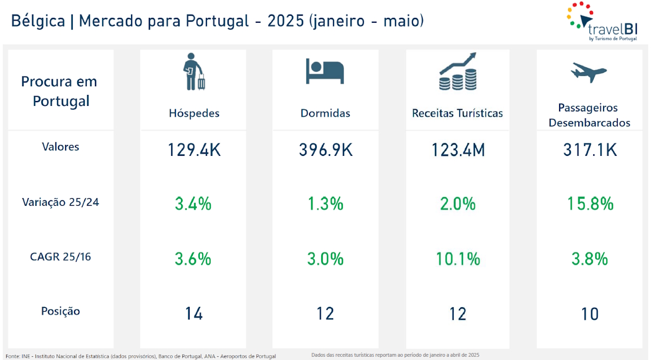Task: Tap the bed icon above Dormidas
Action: pos(325,71)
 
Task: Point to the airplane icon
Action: pos(588,71)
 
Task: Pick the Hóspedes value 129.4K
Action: pos(194,150)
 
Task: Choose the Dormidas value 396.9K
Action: pos(325,150)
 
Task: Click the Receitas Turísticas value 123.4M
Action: pos(458,150)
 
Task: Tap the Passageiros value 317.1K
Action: pos(590,150)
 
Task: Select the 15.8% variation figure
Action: pos(590,204)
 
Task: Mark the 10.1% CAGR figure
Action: pos(458,259)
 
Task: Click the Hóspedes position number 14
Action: pos(194,313)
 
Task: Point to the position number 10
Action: pos(590,313)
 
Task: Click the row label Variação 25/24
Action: pos(61,202)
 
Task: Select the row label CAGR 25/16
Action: pos(61,256)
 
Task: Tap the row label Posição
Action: pos(61,311)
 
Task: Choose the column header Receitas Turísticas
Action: pos(457,113)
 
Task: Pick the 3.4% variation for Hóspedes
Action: pos(193,204)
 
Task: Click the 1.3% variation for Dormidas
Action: pos(325,204)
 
